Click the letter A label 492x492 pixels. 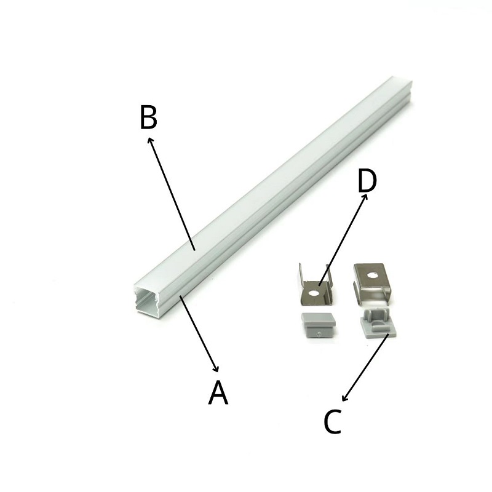pyautogui.click(x=218, y=392)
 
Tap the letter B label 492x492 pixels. pyautogui.click(x=148, y=117)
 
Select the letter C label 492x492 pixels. pyautogui.click(x=332, y=421)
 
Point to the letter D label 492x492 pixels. pyautogui.click(x=367, y=181)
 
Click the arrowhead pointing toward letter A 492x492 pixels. pyautogui.click(x=216, y=369)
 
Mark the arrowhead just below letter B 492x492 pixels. pyautogui.click(x=150, y=140)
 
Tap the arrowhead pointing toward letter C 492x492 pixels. pyautogui.click(x=344, y=398)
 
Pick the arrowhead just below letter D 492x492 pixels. pyautogui.click(x=365, y=197)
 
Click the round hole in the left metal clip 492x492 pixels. pyautogui.click(x=313, y=293)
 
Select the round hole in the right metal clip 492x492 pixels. pyautogui.click(x=373, y=276)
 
